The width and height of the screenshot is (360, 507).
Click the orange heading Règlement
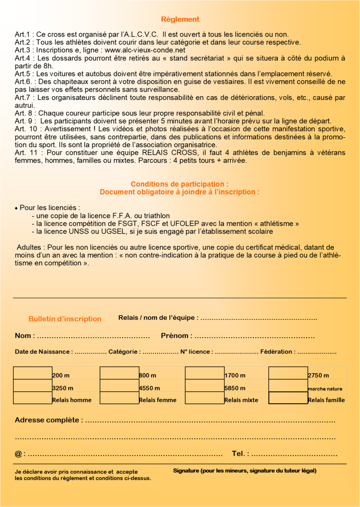180,19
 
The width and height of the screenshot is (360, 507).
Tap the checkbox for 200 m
33,373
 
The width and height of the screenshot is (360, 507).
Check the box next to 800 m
120,373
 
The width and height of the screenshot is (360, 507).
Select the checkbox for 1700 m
205,373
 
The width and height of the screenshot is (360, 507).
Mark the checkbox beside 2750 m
288,373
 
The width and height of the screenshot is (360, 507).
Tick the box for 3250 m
33,386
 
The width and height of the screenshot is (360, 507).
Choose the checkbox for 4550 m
120,386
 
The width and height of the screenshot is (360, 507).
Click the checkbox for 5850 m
205,386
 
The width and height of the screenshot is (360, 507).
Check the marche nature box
288,386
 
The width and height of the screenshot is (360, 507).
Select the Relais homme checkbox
33,398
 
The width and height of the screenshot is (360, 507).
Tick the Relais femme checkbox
120,398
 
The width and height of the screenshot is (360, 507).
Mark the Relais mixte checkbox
205,398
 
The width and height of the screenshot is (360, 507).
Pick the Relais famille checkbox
288,398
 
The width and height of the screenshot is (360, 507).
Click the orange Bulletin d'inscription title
65,319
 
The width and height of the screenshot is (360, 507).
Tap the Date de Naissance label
42,352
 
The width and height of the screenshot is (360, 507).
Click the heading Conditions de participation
179,184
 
